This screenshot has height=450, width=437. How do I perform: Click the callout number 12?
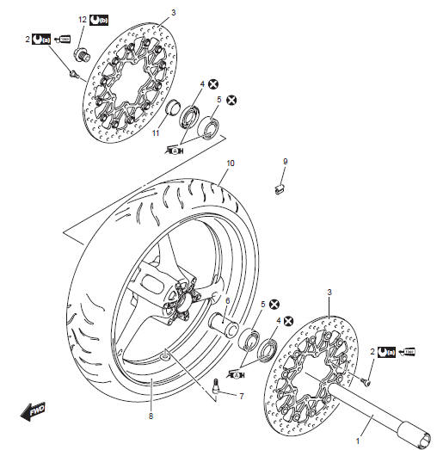83,19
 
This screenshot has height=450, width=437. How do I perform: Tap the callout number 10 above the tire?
231,163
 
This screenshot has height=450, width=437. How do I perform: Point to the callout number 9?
286,161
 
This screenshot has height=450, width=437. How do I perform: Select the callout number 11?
156,134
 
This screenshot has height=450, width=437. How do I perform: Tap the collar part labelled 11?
172,110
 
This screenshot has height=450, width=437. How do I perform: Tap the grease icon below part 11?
175,150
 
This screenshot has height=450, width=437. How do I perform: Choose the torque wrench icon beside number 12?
100,19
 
